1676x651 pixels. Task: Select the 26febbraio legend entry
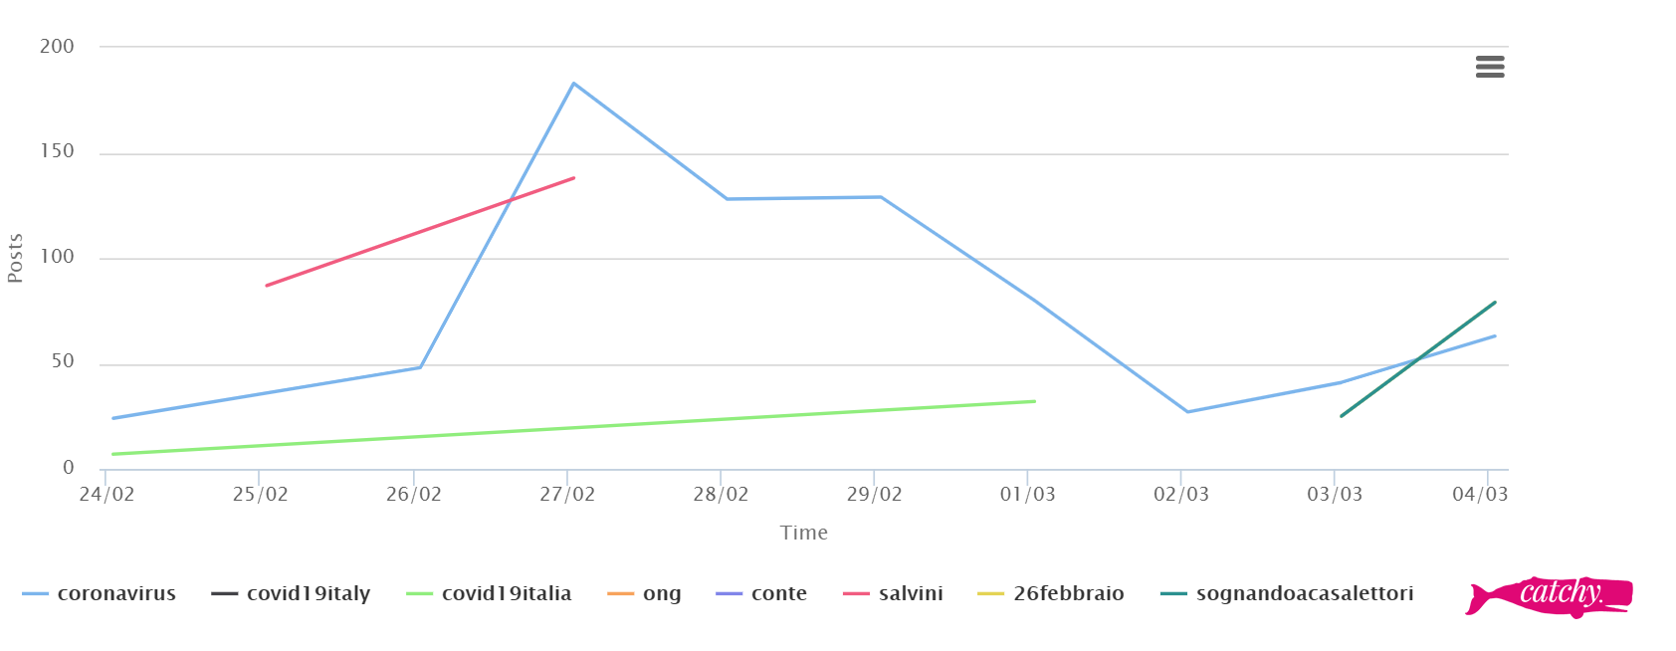[x=1068, y=594]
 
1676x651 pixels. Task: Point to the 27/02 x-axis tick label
[x=567, y=495]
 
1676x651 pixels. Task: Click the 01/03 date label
[x=1028, y=495]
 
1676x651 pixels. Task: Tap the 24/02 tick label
[x=106, y=495]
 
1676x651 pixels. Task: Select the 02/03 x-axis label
[x=1181, y=495]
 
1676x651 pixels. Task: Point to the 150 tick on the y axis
[x=58, y=151]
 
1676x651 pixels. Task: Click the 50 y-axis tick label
[x=63, y=361]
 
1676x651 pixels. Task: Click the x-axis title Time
[x=804, y=533]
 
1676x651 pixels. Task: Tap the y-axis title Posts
[x=15, y=258]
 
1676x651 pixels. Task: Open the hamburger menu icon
[x=1490, y=67]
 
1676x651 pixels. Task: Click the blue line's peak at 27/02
[x=573, y=84]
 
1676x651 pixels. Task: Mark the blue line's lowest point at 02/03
[x=1187, y=411]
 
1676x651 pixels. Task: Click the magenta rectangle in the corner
[x=1549, y=597]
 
